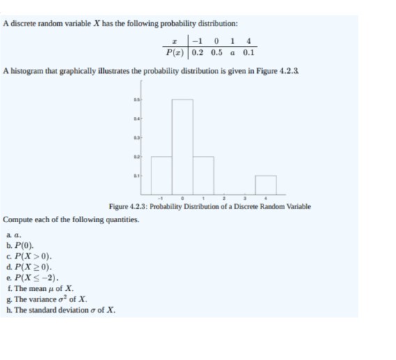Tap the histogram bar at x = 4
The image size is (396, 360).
coord(266,185)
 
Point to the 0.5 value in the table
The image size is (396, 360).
coord(220,52)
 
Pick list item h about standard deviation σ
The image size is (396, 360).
coord(62,310)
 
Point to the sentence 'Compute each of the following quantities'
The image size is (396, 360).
coord(70,219)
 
